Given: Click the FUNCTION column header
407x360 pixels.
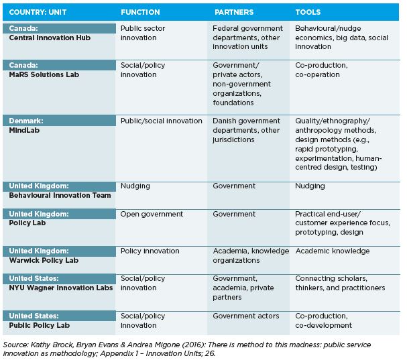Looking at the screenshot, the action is click(x=140, y=12).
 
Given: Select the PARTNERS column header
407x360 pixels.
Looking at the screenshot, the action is click(x=234, y=12).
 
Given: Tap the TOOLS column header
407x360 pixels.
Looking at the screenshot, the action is click(x=308, y=12).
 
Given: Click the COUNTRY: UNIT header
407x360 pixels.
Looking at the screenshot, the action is click(x=38, y=12).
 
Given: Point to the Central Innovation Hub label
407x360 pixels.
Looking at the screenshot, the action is click(x=50, y=38).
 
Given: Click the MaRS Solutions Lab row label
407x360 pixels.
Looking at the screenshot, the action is click(x=44, y=75).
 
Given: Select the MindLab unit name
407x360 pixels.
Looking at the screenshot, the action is click(x=24, y=130).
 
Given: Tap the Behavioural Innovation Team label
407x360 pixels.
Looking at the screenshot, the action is click(x=60, y=196).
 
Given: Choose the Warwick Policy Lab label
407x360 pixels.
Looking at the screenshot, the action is click(x=44, y=260).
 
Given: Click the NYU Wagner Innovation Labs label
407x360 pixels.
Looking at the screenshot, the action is click(x=61, y=288).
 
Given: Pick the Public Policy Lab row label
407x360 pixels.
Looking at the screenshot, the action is click(x=39, y=326).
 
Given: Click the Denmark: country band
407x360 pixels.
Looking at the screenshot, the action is click(x=59, y=121).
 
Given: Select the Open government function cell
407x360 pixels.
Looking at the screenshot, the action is click(x=152, y=215).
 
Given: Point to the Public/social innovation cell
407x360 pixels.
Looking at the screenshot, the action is click(x=161, y=121).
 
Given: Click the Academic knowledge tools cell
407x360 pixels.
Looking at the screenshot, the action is click(x=333, y=251).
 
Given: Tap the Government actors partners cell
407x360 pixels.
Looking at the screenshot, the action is click(x=246, y=316).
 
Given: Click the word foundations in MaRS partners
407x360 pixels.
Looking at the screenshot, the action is click(x=233, y=103).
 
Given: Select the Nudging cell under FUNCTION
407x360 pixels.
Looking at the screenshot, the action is click(x=135, y=186).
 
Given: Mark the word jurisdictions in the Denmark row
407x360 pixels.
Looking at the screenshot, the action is click(x=233, y=140).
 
